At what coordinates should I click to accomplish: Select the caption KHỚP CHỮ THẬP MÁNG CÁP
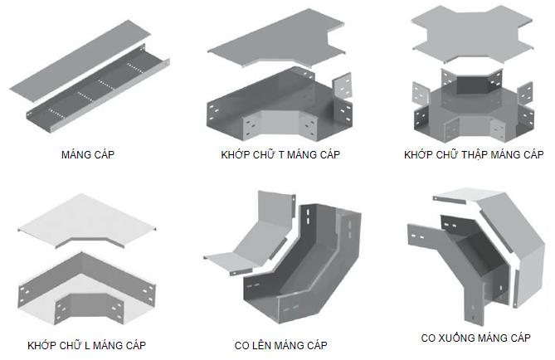pos(473,155)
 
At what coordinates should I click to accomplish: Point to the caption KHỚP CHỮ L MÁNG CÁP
pos(86,344)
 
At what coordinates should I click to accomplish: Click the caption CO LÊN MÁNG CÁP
pos(280,344)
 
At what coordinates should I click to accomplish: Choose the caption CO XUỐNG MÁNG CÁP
pos(475,338)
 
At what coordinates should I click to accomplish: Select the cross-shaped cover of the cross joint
pos(473,37)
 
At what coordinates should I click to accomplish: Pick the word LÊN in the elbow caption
pos(264,344)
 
